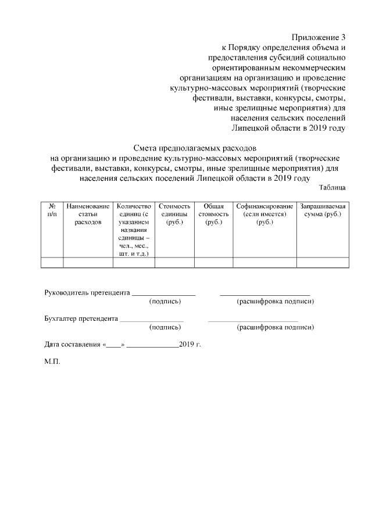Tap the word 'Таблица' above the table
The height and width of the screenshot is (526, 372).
coord(332,187)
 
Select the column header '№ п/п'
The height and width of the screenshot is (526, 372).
coord(52,210)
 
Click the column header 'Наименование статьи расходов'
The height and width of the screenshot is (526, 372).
coord(88,214)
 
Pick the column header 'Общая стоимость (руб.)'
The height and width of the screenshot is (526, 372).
coord(213,214)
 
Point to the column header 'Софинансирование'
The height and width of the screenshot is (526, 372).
coord(264,206)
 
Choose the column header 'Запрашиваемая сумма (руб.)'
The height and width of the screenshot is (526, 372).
coord(323,210)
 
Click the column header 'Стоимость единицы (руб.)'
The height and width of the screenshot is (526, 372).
coord(174,214)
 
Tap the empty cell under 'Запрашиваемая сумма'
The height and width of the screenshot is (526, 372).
coord(323,263)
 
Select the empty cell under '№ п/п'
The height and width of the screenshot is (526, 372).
coord(52,263)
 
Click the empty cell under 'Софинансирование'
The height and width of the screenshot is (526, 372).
coord(264,263)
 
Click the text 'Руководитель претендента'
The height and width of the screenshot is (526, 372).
coord(87,292)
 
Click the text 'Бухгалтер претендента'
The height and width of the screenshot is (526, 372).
coord(81,319)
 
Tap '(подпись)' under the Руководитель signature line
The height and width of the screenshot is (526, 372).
coord(165,302)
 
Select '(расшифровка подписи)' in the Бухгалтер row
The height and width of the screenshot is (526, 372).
coord(275,327)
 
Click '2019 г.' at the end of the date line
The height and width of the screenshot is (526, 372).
coord(190,344)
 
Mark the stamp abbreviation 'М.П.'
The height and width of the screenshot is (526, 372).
coord(52,361)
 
